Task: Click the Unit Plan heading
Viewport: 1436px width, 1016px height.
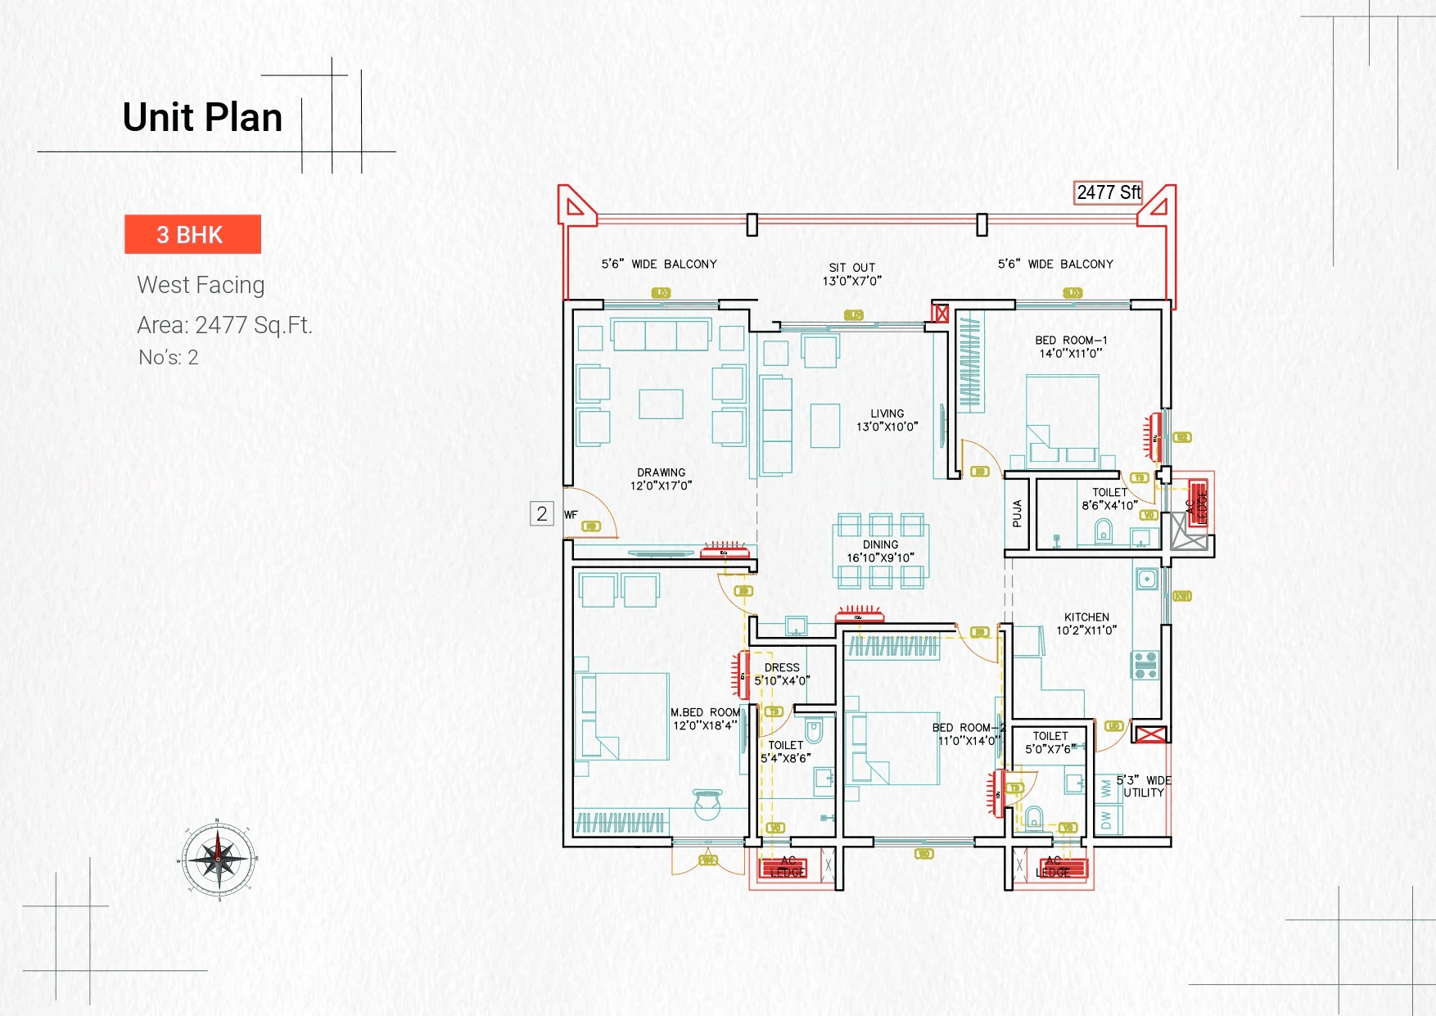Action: click(202, 117)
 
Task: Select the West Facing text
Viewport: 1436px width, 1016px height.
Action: click(201, 285)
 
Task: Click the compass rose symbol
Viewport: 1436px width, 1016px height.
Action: click(219, 860)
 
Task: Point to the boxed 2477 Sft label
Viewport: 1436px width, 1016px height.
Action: click(1108, 192)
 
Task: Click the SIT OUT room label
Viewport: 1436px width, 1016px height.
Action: click(851, 274)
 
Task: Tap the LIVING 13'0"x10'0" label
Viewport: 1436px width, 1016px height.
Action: click(887, 420)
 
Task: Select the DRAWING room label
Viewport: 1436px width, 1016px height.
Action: click(661, 479)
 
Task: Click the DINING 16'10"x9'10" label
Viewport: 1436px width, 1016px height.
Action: click(880, 551)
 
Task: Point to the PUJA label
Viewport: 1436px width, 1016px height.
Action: click(1017, 513)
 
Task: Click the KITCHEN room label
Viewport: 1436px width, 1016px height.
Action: click(1086, 624)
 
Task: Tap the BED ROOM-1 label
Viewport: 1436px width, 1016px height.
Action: click(1071, 346)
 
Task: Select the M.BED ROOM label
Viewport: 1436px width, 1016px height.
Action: click(705, 719)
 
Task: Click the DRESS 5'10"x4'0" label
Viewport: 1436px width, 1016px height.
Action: click(782, 674)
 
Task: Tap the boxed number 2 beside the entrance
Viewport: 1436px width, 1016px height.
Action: click(542, 513)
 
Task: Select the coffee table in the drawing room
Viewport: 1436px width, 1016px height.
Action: click(661, 404)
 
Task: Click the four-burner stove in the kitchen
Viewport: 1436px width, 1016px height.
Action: click(1145, 665)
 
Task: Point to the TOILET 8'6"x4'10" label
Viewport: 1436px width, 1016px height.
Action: click(1109, 499)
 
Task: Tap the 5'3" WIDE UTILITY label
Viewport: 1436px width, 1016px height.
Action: click(1144, 787)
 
